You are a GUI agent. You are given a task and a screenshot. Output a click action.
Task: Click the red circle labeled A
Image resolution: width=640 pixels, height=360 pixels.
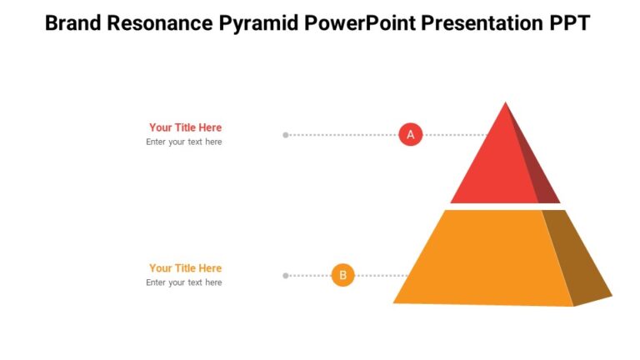click(410, 134)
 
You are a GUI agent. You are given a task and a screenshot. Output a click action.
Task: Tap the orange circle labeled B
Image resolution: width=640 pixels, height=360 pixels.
click(342, 275)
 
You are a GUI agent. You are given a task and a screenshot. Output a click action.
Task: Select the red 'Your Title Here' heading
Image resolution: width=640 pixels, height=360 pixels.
click(185, 127)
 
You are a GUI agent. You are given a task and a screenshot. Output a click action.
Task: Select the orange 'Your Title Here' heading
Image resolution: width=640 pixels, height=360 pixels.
click(185, 268)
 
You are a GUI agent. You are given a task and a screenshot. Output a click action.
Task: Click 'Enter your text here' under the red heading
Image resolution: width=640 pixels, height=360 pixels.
click(183, 142)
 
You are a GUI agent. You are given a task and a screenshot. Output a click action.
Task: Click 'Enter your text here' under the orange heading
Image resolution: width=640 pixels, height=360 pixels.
click(183, 282)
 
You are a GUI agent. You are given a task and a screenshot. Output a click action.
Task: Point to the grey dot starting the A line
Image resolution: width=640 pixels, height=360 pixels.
click(286, 134)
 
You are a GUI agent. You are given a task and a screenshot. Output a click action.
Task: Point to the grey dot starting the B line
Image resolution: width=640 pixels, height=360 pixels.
click(286, 275)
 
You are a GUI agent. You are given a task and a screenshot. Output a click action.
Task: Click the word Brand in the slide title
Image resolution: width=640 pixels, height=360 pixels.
click(73, 22)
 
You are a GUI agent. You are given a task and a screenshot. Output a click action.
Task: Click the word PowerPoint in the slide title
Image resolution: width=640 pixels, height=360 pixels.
click(361, 22)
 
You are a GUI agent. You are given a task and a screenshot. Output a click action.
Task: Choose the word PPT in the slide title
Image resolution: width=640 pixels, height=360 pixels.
click(569, 22)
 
